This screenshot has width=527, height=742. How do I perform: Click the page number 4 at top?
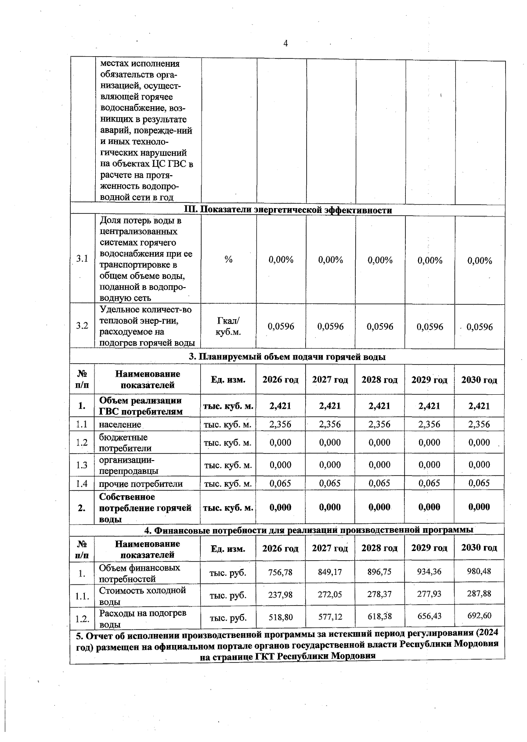[x=286, y=43]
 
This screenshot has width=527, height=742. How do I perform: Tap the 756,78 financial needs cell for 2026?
[x=281, y=572]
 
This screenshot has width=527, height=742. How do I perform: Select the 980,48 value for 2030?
[x=479, y=571]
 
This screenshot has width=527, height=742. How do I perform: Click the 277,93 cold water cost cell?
[x=429, y=594]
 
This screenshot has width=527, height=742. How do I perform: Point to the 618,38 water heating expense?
[x=380, y=616]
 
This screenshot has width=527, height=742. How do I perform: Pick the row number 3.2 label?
[x=82, y=326]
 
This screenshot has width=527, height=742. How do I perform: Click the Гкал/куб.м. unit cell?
[x=228, y=326]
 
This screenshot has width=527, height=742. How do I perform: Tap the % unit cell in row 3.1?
[x=228, y=259]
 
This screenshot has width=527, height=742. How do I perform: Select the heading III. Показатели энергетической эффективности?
[x=287, y=210]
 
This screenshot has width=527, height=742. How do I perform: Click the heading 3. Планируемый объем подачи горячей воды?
[x=287, y=357]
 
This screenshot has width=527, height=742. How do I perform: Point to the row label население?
[x=120, y=425]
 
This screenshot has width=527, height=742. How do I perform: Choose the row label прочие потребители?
[x=141, y=484]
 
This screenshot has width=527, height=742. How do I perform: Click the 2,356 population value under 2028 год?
[x=379, y=424]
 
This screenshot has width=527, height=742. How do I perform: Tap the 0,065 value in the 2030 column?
[x=479, y=483]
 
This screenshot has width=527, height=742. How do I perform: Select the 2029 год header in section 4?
[x=429, y=548]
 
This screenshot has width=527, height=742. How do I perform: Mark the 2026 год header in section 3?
[x=281, y=379]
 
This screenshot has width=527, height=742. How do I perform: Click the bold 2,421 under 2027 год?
[x=330, y=406]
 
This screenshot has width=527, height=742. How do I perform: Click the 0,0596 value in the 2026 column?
[x=281, y=327]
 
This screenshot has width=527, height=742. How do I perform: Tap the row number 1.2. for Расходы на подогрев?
[x=82, y=619]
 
